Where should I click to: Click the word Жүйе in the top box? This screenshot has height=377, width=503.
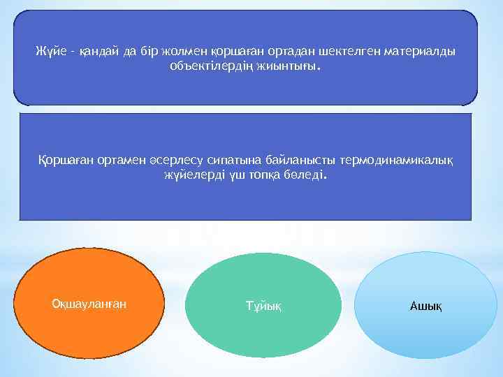pyautogui.click(x=49, y=52)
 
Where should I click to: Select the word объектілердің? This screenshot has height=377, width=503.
pyautogui.click(x=205, y=66)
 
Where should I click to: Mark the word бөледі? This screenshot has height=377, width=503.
pyautogui.click(x=302, y=176)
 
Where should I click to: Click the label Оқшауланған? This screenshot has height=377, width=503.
pyautogui.click(x=89, y=303)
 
